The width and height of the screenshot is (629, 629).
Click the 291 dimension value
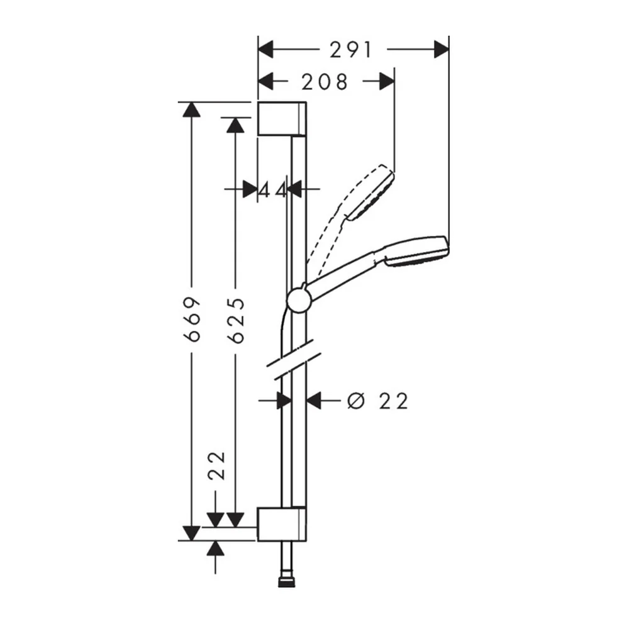click(x=351, y=50)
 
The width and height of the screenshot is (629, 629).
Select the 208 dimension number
click(x=325, y=82)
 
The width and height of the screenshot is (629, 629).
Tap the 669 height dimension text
click(x=192, y=320)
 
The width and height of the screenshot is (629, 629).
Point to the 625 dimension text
click(x=235, y=321)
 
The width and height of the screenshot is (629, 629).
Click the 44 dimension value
click(x=273, y=190)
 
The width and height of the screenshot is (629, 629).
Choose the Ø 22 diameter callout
click(x=378, y=401)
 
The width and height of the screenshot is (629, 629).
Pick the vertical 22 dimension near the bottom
click(x=217, y=465)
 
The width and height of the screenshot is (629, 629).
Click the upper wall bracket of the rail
click(x=282, y=119)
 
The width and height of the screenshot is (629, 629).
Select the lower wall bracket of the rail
click(x=282, y=524)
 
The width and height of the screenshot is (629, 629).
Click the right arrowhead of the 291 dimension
click(x=442, y=49)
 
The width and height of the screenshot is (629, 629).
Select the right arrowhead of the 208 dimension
click(x=387, y=81)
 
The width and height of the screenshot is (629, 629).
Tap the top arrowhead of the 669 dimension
click(x=191, y=109)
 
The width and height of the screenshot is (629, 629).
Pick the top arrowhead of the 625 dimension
click(x=235, y=125)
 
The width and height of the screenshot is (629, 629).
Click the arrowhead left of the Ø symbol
click(x=314, y=400)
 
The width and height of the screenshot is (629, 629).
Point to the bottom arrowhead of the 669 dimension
click(x=191, y=533)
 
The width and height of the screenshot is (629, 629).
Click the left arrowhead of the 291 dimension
click(x=265, y=49)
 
